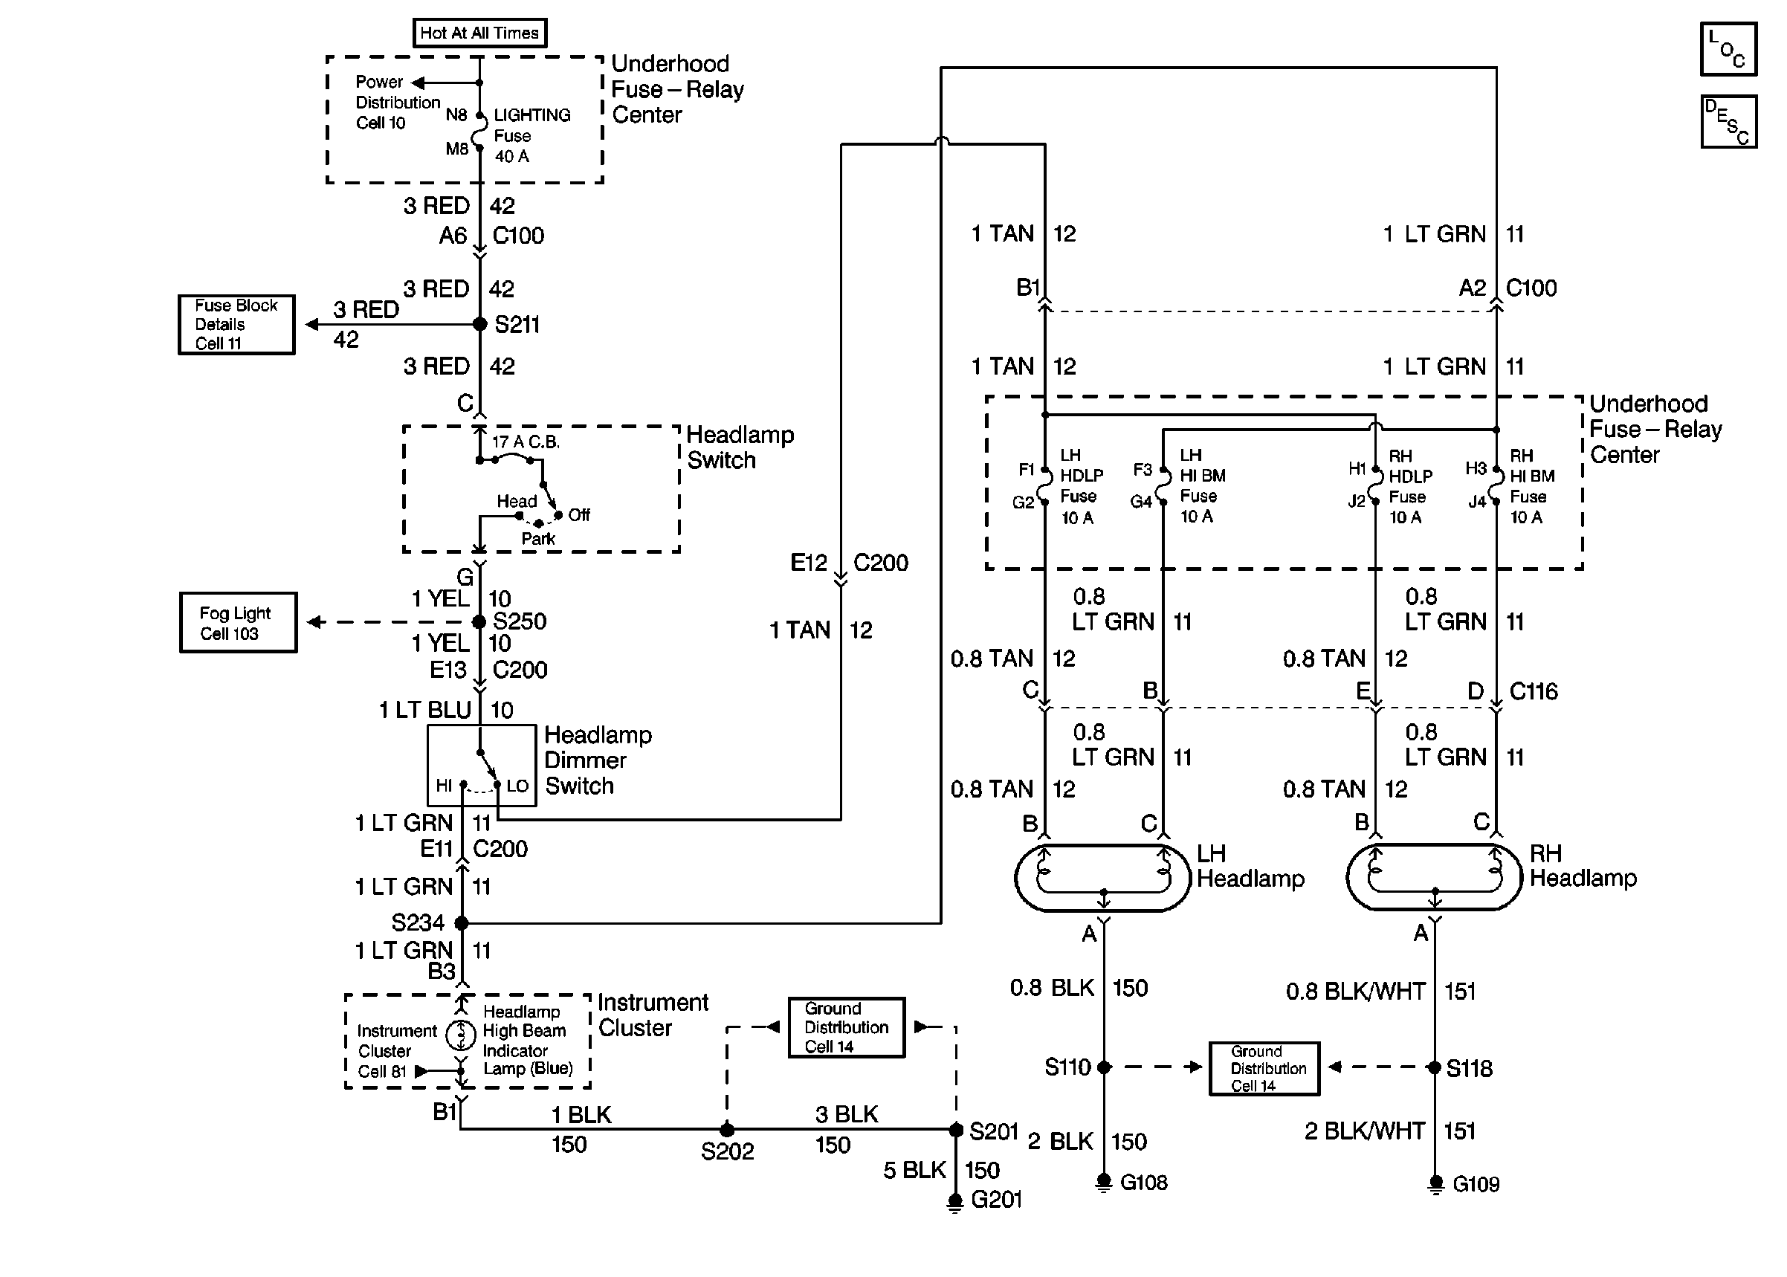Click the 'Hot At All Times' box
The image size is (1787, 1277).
(x=479, y=33)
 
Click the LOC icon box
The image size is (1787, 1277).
(x=1728, y=49)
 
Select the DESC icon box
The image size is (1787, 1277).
(x=1728, y=122)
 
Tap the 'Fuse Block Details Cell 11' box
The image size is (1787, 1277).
(x=236, y=324)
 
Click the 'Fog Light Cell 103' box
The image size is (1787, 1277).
(x=237, y=622)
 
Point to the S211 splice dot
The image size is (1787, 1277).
(x=479, y=324)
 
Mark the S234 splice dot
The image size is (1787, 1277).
(x=462, y=922)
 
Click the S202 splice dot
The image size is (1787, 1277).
(x=727, y=1129)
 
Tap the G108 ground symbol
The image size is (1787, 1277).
(x=1104, y=1182)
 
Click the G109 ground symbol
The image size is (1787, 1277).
(x=1435, y=1183)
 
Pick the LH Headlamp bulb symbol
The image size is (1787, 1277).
(x=1103, y=878)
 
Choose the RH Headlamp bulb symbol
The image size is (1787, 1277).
(x=1435, y=878)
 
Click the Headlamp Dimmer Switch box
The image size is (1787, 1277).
(x=481, y=765)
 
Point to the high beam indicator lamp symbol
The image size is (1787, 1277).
(x=461, y=1035)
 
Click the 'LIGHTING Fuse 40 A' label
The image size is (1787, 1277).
(x=531, y=135)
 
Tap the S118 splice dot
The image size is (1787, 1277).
(x=1435, y=1067)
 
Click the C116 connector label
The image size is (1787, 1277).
(x=1533, y=691)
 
